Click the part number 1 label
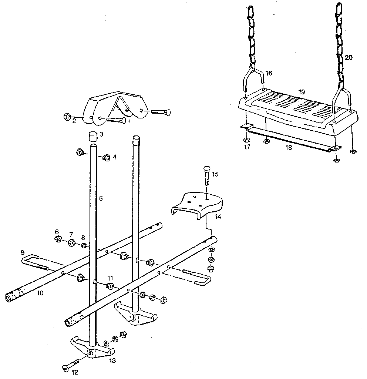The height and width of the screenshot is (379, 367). click(x=129, y=122)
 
